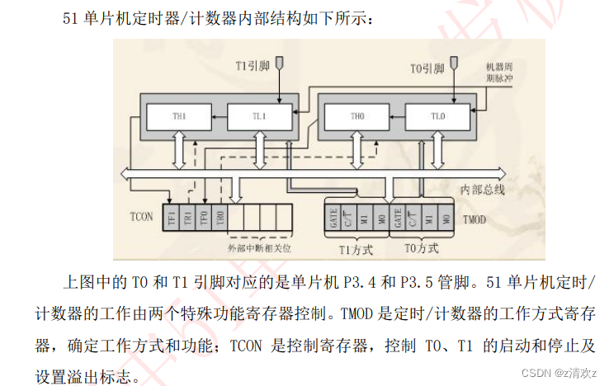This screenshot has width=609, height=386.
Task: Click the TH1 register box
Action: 179,117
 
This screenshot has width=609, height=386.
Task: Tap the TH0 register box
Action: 357,117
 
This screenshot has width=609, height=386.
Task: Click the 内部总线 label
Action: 481,190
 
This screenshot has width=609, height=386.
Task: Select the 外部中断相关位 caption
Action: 260,247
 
